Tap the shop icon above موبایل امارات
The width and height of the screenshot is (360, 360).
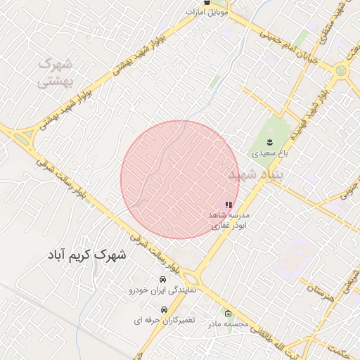206,3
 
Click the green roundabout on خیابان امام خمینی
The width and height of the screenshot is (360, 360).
342,71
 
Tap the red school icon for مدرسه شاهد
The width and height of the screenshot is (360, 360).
227,205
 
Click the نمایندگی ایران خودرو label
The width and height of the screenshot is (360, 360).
166,290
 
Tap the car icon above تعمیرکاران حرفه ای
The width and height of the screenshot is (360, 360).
163,310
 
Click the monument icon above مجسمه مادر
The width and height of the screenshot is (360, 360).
227,314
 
